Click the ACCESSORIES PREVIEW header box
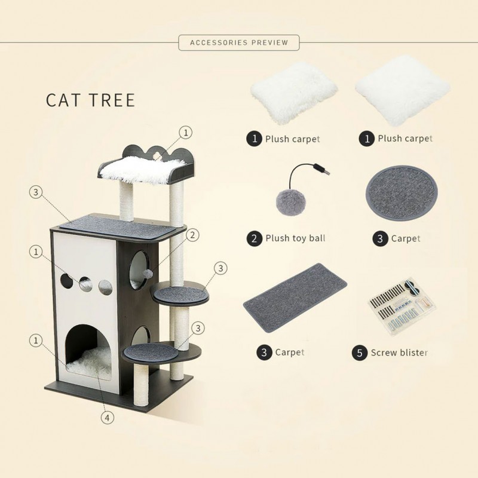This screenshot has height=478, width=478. [x=238, y=42]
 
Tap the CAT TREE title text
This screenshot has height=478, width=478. [x=90, y=100]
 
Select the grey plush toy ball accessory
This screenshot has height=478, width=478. [x=289, y=202]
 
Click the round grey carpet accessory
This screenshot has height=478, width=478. [x=402, y=193]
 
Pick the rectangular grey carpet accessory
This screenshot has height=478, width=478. [x=295, y=298]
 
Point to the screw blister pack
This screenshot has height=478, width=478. [x=403, y=307]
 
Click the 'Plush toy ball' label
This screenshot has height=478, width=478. [x=295, y=238]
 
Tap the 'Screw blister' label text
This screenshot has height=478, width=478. [x=399, y=353]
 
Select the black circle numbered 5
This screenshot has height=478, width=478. [x=360, y=353]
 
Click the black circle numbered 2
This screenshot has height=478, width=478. [x=255, y=238]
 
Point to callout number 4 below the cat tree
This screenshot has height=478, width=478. [x=108, y=418]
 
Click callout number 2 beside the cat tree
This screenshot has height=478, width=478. [x=192, y=235]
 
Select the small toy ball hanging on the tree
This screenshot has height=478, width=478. [x=148, y=273]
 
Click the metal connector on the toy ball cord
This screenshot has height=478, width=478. [x=324, y=170]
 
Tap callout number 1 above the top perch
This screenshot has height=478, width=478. [x=186, y=133]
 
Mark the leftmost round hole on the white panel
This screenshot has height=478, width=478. [x=66, y=281]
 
